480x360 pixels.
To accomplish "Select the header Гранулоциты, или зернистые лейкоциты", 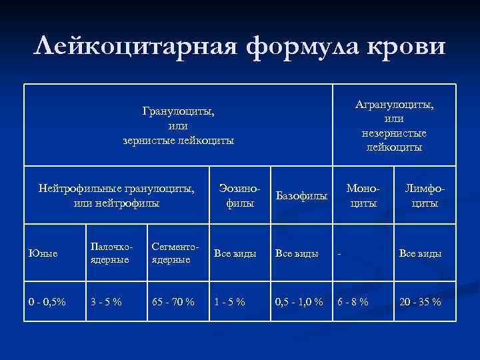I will click(178, 125).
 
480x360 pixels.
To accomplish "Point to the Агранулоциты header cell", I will click(394, 125).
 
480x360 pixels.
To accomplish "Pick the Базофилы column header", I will click(301, 196).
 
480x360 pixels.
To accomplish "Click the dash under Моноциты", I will click(340, 253).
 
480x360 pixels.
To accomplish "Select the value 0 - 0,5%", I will click(47, 301).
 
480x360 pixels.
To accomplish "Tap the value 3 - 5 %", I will click(106, 301).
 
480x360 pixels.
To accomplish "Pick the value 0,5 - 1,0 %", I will click(299, 301).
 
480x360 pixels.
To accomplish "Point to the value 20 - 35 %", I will click(419, 301).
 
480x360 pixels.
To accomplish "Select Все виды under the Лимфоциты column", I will click(419, 253).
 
